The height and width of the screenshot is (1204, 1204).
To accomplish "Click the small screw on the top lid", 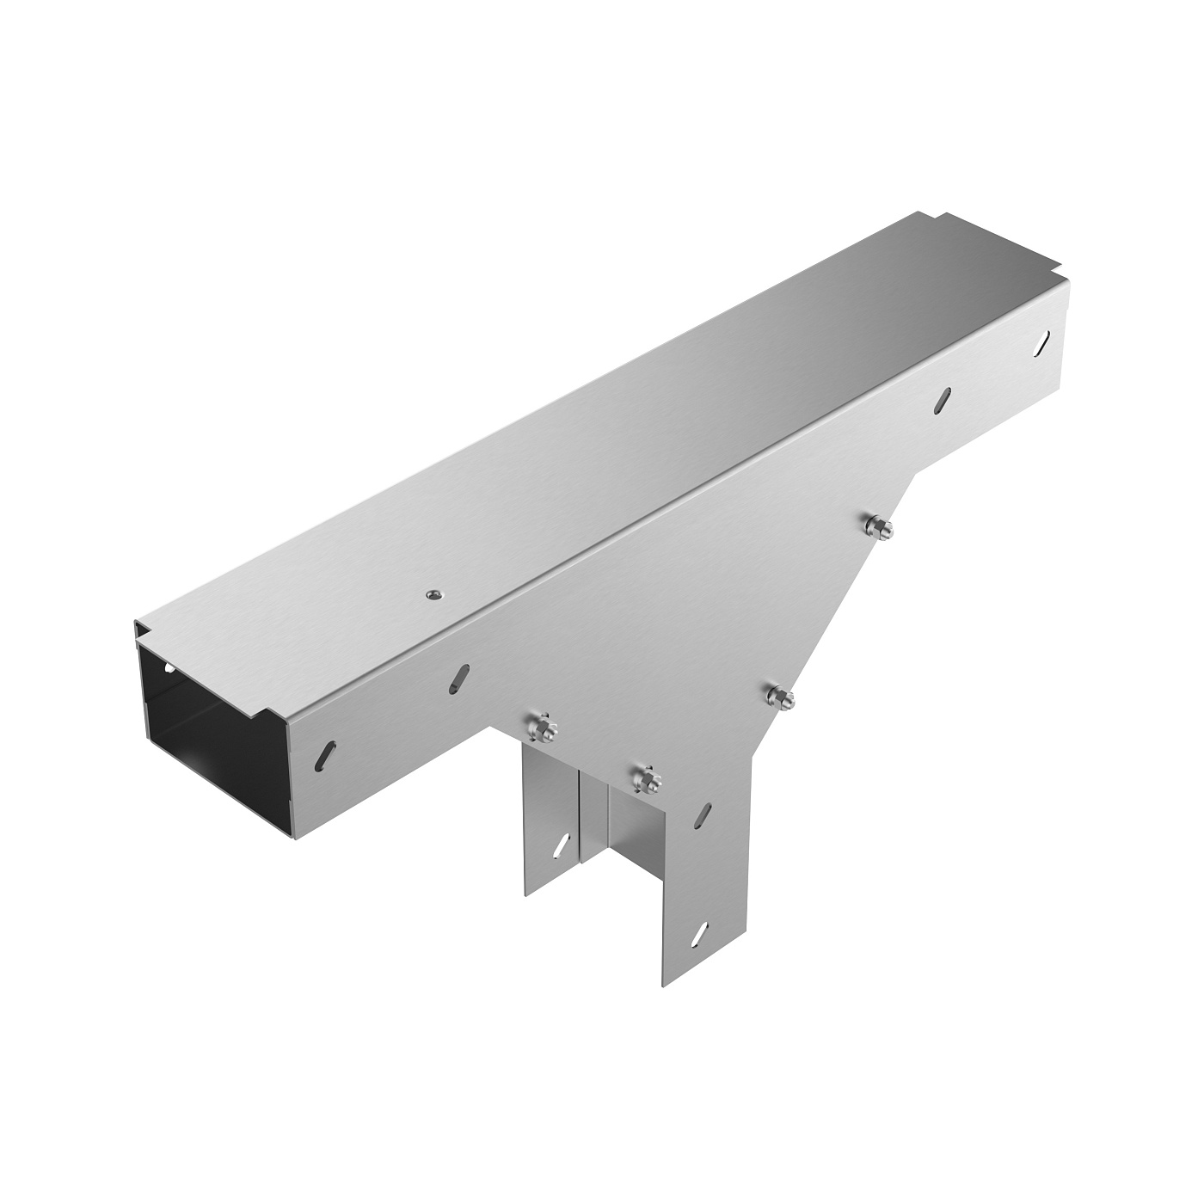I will point(432,593).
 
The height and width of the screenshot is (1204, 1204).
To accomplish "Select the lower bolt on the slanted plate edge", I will point(780,697).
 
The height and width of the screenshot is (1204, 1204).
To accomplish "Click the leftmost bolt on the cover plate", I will point(542,728).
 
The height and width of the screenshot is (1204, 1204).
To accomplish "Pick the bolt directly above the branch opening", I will point(645,778).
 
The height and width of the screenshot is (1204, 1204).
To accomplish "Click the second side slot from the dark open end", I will point(460,677).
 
